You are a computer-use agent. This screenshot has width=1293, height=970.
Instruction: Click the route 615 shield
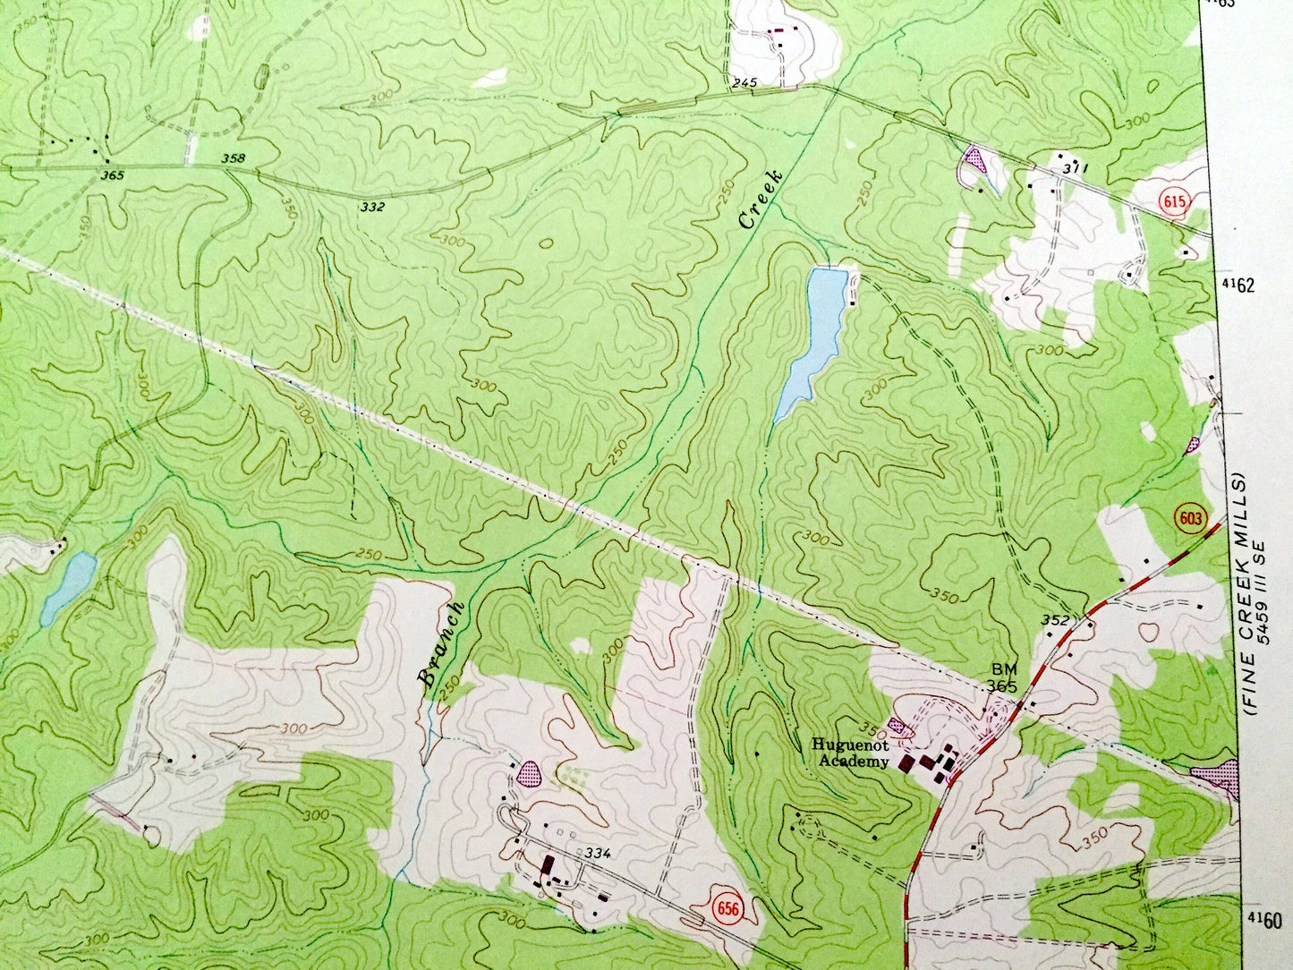coord(1175,202)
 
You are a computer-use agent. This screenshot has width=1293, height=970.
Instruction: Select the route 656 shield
coord(728,908)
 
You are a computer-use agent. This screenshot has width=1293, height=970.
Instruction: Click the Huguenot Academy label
coord(850,753)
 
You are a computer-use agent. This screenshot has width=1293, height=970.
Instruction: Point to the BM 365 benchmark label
coord(1001,677)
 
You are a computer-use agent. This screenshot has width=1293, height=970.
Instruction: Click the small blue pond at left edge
coord(68,586)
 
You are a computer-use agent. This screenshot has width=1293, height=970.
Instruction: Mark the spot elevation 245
coord(744,83)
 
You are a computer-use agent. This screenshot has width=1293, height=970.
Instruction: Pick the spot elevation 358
coord(233,159)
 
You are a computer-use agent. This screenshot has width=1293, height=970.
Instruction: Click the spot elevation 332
coord(372,207)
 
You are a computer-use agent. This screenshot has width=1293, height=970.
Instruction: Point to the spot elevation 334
coord(597,853)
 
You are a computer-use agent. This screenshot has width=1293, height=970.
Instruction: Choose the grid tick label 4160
coord(1263,920)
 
